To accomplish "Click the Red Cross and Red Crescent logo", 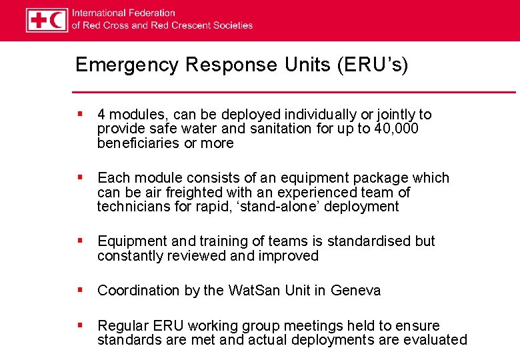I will tap(47, 20).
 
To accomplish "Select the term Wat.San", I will tap(256, 291).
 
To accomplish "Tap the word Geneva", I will tap(355, 291).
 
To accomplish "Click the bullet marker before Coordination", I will tap(79, 290).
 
